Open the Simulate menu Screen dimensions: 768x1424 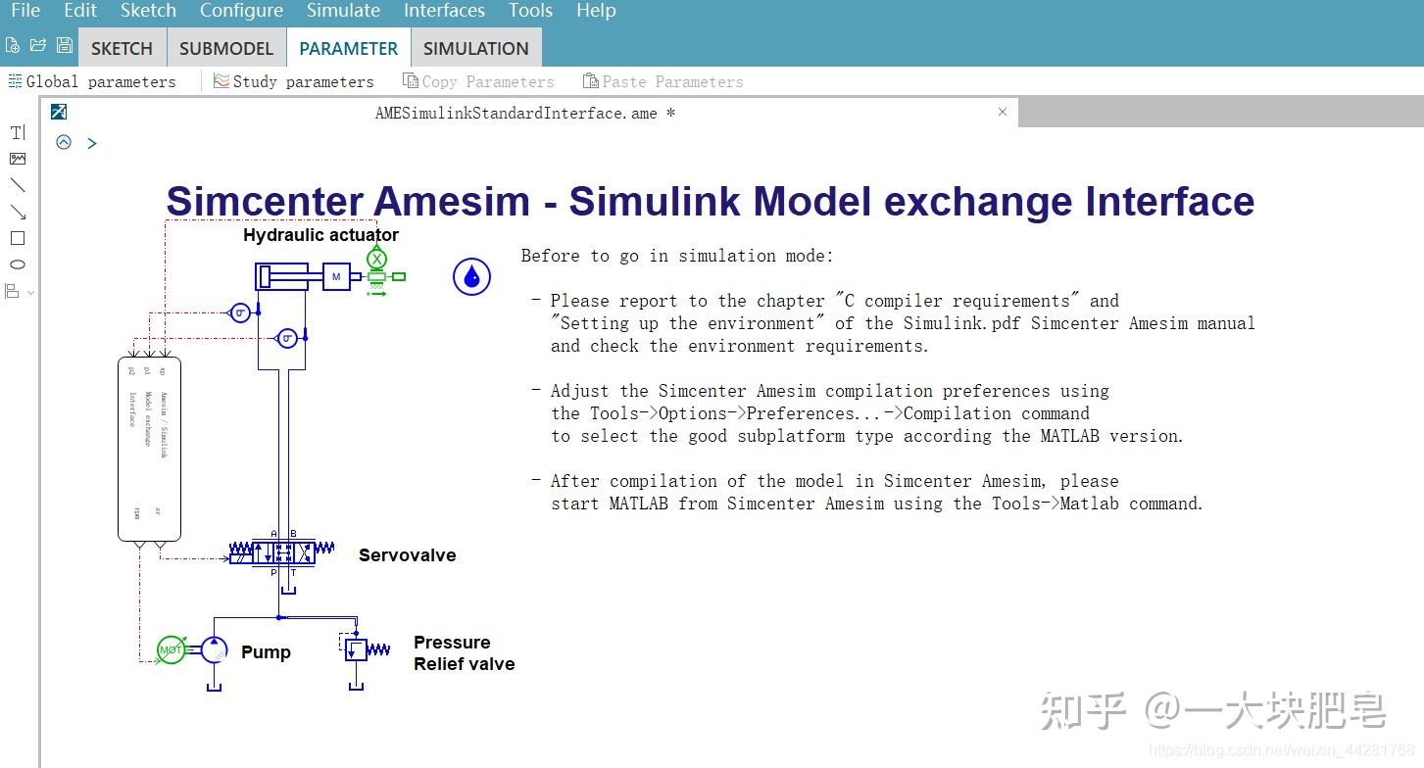pyautogui.click(x=343, y=11)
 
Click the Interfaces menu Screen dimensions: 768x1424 pyautogui.click(x=444, y=11)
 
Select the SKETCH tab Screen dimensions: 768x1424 pyautogui.click(x=122, y=48)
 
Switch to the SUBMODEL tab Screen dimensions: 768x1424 pyautogui.click(x=226, y=48)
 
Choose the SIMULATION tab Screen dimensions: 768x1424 pyautogui.click(x=475, y=48)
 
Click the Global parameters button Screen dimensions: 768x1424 pyautogui.click(x=93, y=81)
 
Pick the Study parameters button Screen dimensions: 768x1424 pyautogui.click(x=294, y=81)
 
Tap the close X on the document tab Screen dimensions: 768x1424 pyautogui.click(x=1002, y=112)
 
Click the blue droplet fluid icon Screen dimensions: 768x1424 pyautogui.click(x=471, y=277)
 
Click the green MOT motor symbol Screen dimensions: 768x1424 pyautogui.click(x=171, y=649)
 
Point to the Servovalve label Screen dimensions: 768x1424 pyautogui.click(x=407, y=555)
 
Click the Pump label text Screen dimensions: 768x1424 pyautogui.click(x=266, y=652)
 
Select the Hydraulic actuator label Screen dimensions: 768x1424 pyautogui.click(x=320, y=235)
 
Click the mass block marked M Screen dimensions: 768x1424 pyautogui.click(x=336, y=277)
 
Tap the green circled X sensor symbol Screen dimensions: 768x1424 pyautogui.click(x=377, y=259)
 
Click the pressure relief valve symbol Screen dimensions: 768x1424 pyautogui.click(x=357, y=648)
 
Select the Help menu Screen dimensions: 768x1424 pyautogui.click(x=596, y=11)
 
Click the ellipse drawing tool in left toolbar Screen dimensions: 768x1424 pyautogui.click(x=18, y=264)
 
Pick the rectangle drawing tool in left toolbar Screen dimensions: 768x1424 pyautogui.click(x=18, y=238)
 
